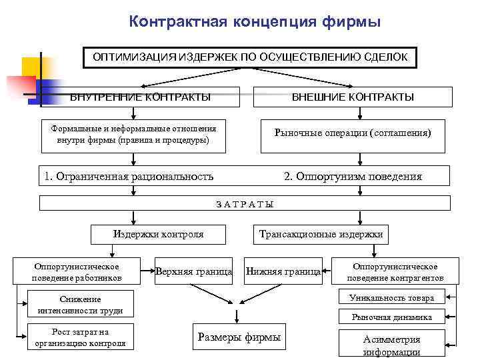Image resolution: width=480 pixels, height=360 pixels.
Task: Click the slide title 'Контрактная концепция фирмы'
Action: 255,22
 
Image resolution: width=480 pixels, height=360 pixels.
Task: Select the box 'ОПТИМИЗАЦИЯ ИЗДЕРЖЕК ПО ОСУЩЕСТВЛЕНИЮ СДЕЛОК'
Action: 250,57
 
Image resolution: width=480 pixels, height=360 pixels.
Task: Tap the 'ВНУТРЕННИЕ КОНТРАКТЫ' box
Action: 141,97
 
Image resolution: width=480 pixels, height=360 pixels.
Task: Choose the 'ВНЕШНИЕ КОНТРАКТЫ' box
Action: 353,97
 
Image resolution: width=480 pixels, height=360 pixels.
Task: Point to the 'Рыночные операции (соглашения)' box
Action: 353,133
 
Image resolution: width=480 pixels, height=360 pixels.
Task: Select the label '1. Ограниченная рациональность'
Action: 129,177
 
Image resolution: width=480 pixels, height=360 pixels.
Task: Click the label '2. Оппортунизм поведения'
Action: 353,177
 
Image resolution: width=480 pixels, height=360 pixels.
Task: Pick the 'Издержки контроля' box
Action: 159,234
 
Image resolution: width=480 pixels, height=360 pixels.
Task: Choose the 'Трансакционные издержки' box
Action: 321,234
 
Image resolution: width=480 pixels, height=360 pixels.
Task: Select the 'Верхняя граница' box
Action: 194,271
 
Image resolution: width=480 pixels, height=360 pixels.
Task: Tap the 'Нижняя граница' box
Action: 283,271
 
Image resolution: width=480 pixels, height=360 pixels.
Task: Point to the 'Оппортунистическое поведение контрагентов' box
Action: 395,271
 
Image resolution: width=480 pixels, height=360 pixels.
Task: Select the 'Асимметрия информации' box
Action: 392,345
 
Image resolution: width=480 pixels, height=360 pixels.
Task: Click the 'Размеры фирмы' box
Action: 239,337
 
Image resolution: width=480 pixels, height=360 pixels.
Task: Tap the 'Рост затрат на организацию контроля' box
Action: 80,337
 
